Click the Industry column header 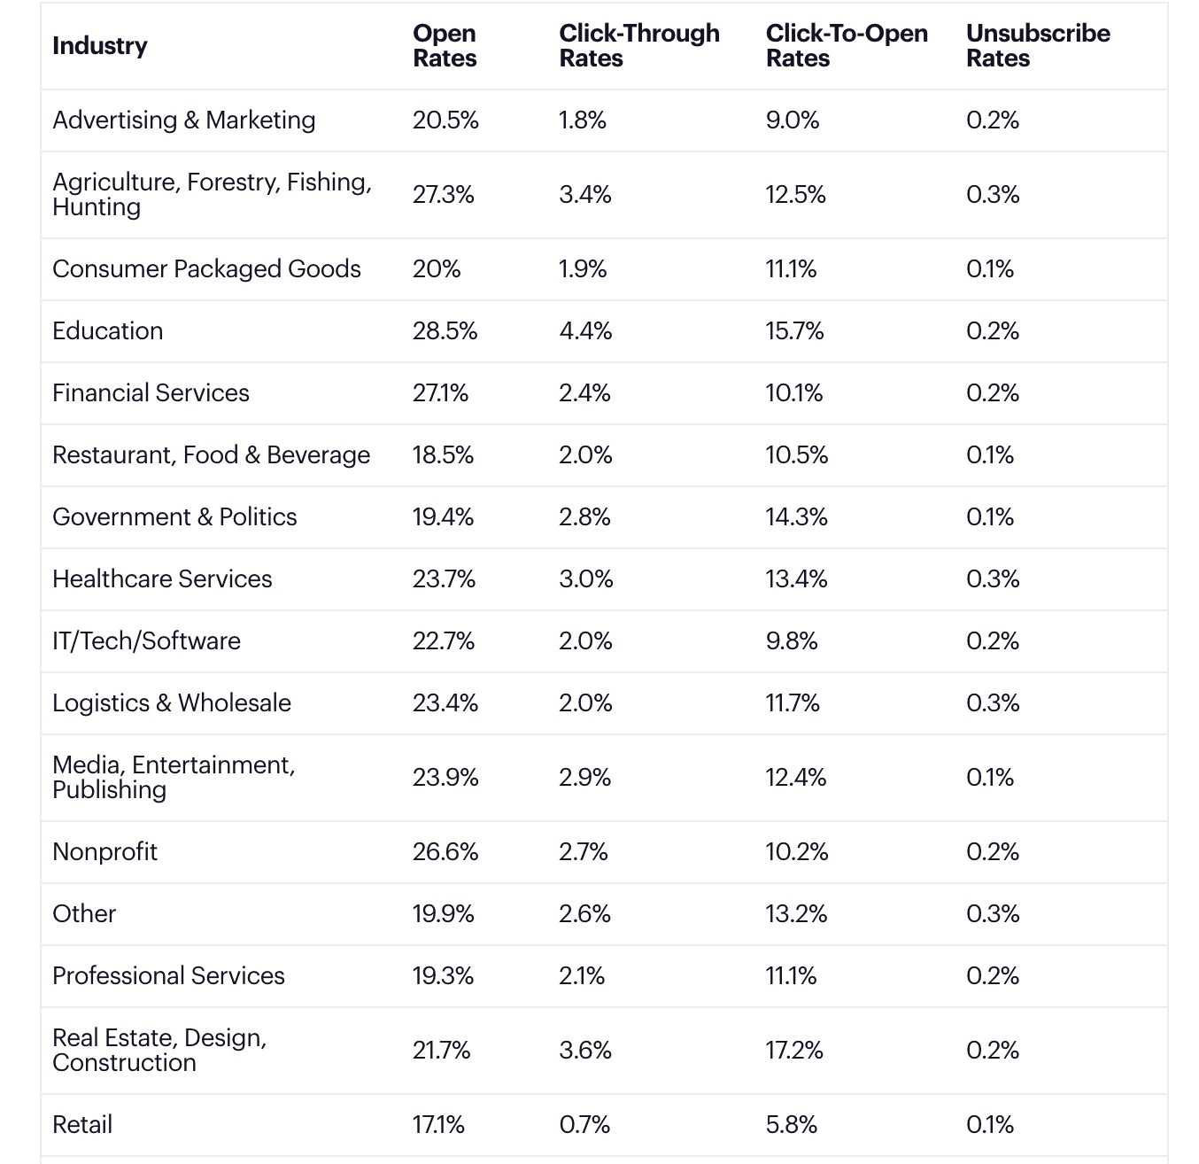[x=100, y=46]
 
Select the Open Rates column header [x=445, y=46]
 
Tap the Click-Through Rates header [x=638, y=46]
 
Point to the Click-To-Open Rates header [x=846, y=46]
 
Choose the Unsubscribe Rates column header [x=1037, y=46]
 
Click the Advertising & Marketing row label [x=183, y=120]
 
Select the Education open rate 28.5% [x=445, y=331]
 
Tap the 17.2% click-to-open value [x=793, y=1051]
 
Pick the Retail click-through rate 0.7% [x=584, y=1125]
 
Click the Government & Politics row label [x=174, y=517]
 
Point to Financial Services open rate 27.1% [x=440, y=393]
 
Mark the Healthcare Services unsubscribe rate [x=993, y=579]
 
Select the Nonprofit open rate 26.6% [x=445, y=852]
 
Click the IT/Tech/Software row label [x=146, y=641]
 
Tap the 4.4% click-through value [x=584, y=331]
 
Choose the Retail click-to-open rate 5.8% [x=791, y=1125]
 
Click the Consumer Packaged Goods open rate [x=436, y=269]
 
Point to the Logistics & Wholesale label [x=171, y=703]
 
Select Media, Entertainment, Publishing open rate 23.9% [x=445, y=778]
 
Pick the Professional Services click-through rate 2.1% [x=581, y=976]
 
